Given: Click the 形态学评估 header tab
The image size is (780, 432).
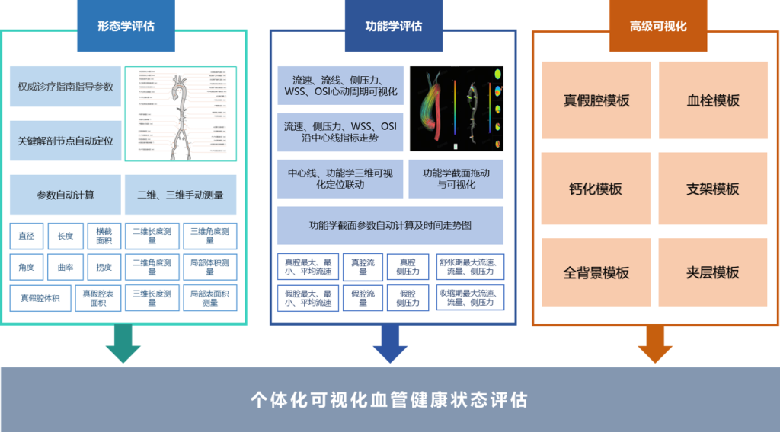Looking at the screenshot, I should coord(126,25).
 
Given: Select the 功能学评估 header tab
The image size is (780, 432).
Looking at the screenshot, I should coord(394,25).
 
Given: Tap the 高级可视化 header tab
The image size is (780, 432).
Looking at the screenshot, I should coord(657,25).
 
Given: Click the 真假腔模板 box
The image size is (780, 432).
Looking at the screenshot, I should coord(596,100).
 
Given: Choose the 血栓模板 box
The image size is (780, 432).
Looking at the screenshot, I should coord(713,100).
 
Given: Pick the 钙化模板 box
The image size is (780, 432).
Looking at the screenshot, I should coord(596,189).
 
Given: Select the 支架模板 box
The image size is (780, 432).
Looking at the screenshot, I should coord(713,189).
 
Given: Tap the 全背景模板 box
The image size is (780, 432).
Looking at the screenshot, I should coord(596,272).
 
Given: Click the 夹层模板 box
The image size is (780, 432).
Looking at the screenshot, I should coord(713,272).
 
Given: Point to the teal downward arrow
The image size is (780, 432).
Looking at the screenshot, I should coord(123,344).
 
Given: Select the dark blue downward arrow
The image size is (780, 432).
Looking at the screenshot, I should coord(390,344).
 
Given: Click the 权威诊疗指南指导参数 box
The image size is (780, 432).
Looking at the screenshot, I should coord(66,87).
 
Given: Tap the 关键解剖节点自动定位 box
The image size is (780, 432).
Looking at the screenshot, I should coord(66,141).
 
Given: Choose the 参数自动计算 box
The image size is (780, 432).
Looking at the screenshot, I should coord(66,195).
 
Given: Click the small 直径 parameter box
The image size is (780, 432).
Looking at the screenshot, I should coord(27,236).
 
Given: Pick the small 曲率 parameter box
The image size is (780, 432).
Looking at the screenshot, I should coord(66,267).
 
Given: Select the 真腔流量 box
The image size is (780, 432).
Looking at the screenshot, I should coord(362,266).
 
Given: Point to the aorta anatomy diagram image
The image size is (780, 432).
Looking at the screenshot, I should coord(180,114).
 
